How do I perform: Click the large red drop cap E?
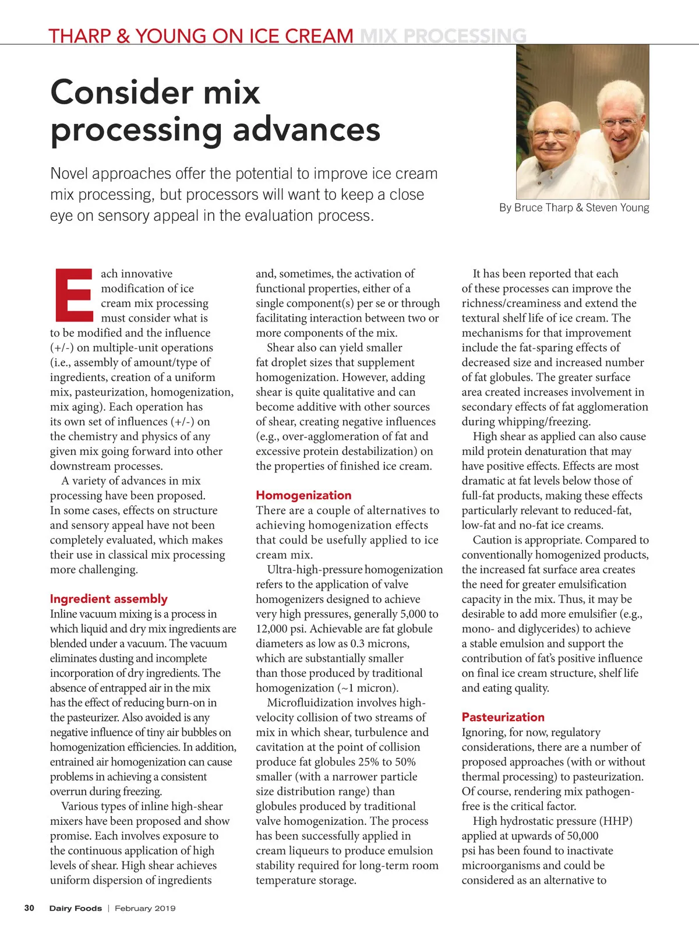pyautogui.click(x=74, y=295)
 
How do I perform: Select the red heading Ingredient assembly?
pyautogui.click(x=108, y=599)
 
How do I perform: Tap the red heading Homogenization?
pyautogui.click(x=303, y=495)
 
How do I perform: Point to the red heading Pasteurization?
pyautogui.click(x=503, y=717)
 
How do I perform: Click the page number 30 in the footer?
pyautogui.click(x=29, y=908)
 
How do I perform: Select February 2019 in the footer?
pyautogui.click(x=145, y=908)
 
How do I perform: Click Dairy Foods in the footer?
pyautogui.click(x=75, y=908)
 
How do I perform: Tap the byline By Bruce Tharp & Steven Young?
pyautogui.click(x=574, y=208)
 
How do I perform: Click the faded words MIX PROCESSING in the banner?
pyautogui.click(x=443, y=36)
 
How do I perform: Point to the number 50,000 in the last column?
pyautogui.click(x=576, y=836)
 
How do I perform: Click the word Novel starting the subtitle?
pyautogui.click(x=69, y=174)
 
